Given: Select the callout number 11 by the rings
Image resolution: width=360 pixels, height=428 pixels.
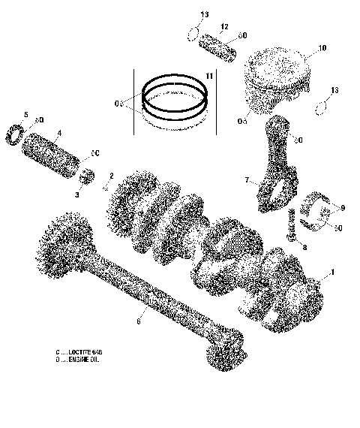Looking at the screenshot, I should coord(209,77).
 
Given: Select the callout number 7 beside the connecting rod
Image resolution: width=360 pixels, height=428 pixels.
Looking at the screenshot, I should coord(245,181).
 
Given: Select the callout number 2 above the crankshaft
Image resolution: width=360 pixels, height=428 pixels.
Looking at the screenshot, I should coord(111,176).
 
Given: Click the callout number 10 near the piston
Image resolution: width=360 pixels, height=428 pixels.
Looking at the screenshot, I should coord(322,49).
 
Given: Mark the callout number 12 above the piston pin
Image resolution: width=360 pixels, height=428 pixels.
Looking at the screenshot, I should coord(223,26).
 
